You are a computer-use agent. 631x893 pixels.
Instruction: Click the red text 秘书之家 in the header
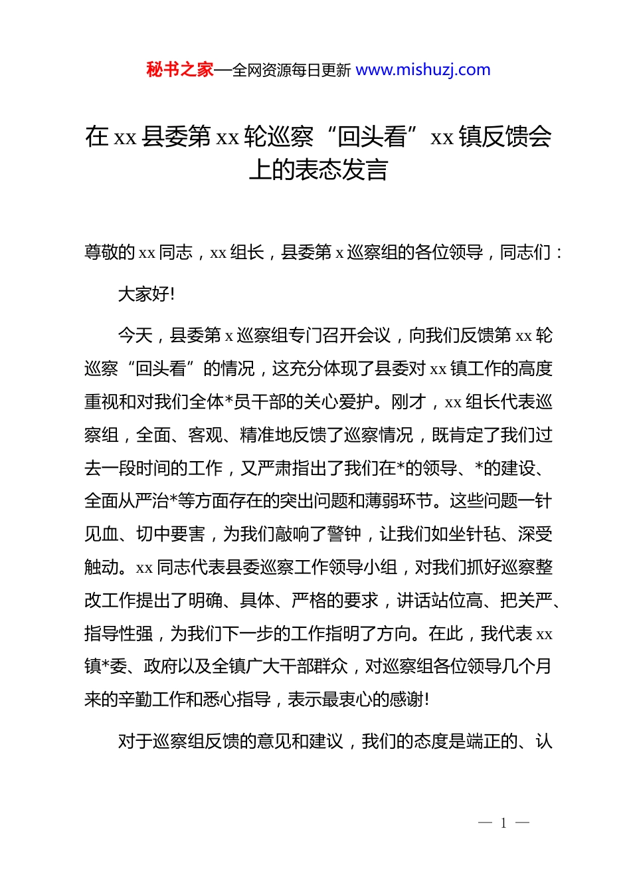[180, 70]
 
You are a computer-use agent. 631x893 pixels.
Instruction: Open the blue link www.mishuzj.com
[423, 70]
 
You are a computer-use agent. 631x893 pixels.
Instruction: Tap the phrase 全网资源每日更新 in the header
[291, 70]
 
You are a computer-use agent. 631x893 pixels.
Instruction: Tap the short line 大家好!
[146, 294]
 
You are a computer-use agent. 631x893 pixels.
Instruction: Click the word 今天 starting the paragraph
[135, 336]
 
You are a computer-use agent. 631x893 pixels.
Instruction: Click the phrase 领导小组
[363, 567]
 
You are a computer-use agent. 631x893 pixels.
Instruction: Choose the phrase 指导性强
[118, 634]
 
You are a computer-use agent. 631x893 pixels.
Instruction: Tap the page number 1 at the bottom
[503, 823]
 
